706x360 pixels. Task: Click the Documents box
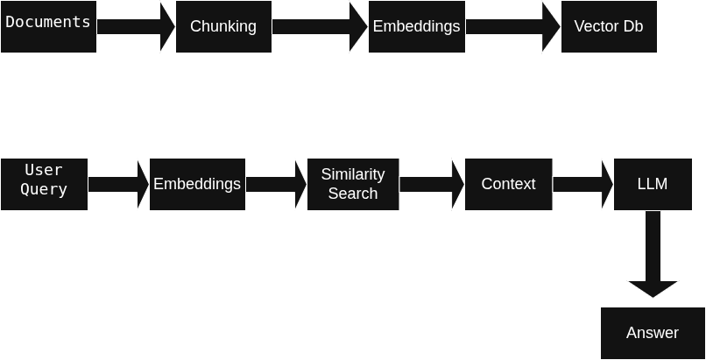pos(48,26)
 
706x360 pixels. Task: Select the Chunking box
pos(223,26)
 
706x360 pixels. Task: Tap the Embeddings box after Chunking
pos(416,26)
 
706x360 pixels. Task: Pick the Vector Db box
pos(609,26)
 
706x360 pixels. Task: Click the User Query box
pos(44,184)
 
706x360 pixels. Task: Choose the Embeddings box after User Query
pos(197,184)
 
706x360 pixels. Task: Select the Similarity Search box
pos(353,184)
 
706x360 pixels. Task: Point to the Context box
pos(508,184)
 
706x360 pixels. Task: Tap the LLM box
pos(653,184)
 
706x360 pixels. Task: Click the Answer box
pos(653,333)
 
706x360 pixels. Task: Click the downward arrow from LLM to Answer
pos(653,258)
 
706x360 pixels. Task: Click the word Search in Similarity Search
pos(353,194)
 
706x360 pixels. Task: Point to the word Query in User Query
pos(44,190)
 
